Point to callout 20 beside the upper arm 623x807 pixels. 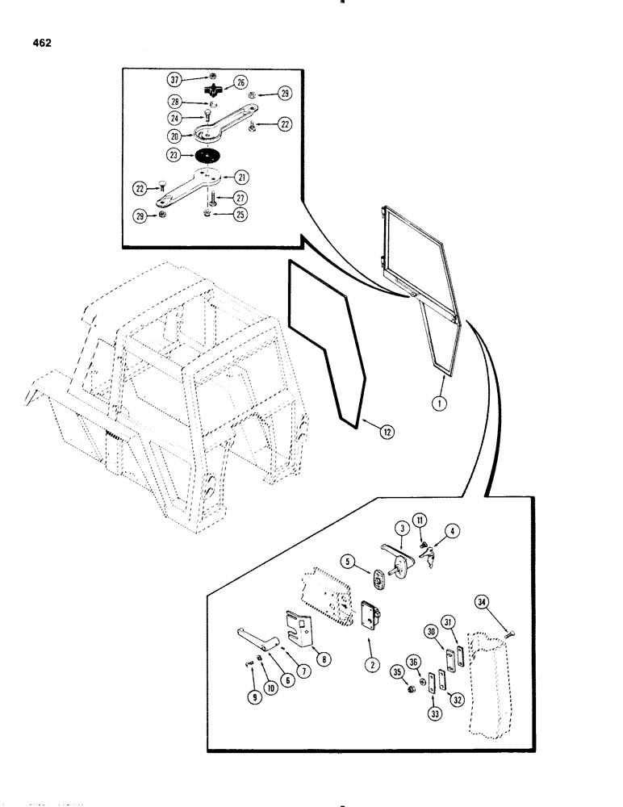[174, 137]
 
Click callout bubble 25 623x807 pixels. [240, 214]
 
